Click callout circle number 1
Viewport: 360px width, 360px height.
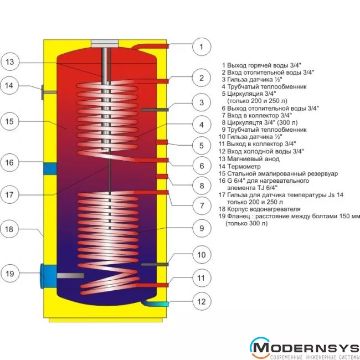202,47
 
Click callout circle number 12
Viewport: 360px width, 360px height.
202,302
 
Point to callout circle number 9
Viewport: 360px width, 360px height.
202,227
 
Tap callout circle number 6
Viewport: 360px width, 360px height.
202,165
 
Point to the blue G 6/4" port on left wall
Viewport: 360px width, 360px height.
49,167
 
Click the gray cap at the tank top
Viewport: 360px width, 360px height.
103,43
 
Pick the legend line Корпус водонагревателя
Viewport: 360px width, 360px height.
260,209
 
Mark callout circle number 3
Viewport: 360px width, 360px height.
202,102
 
